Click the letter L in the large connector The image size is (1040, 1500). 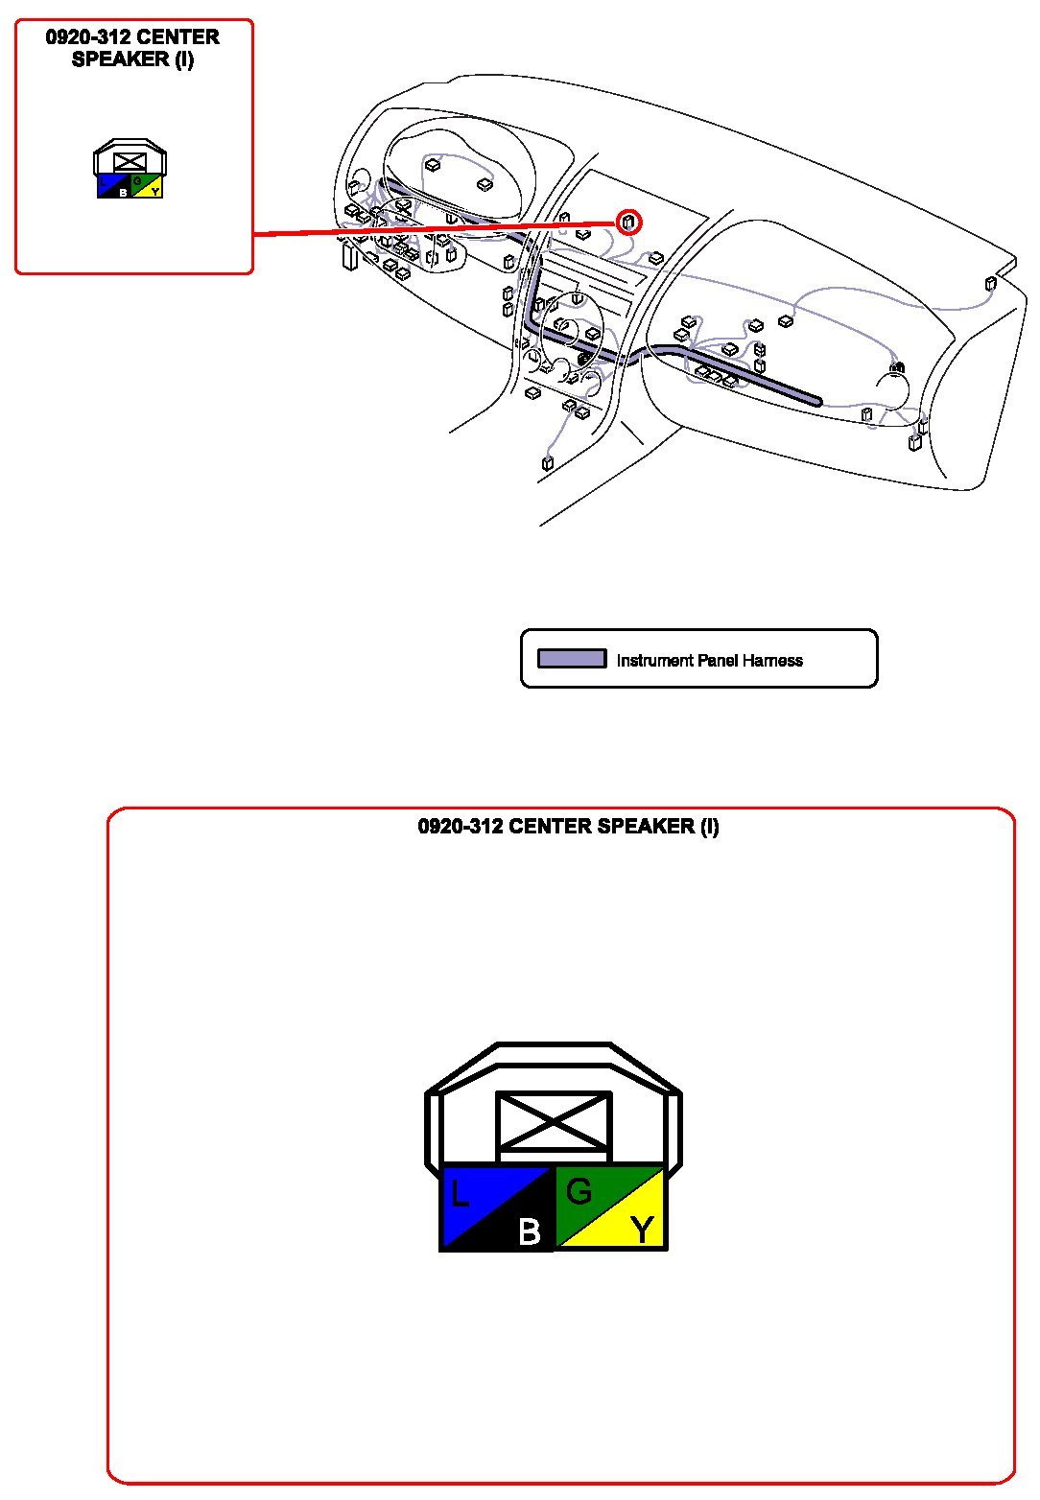460,1195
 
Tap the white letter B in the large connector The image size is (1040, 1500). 529,1231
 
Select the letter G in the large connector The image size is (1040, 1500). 579,1191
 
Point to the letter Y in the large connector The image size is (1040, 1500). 642,1229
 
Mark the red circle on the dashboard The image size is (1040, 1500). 628,223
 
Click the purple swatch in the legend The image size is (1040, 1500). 572,659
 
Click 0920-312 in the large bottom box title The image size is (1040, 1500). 460,826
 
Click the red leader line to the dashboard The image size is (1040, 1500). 432,228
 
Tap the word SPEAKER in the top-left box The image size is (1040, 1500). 120,59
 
